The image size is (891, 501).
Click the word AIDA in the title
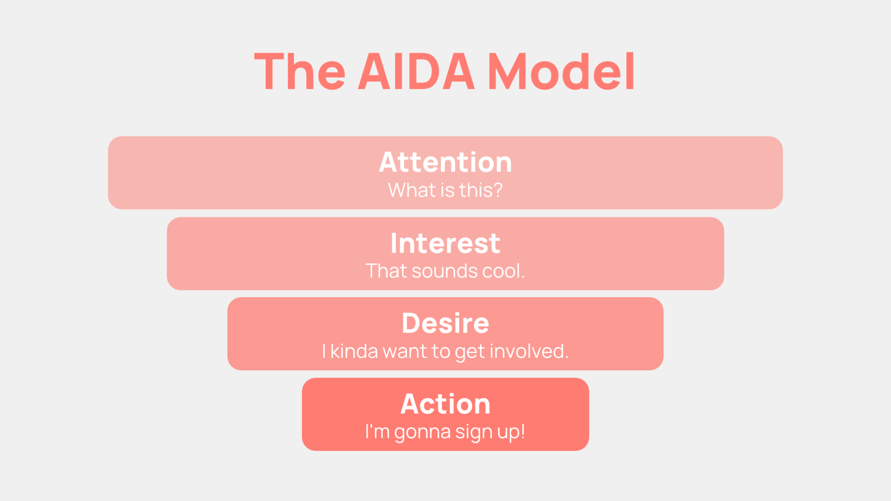pyautogui.click(x=416, y=71)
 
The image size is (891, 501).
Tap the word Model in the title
pyautogui.click(x=561, y=71)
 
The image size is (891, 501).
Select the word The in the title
pyautogui.click(x=300, y=71)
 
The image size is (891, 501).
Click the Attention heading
pyautogui.click(x=445, y=162)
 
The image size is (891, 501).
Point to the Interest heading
pyautogui.click(x=445, y=243)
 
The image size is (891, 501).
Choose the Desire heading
pyautogui.click(x=445, y=323)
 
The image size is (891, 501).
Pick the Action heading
pyautogui.click(x=445, y=404)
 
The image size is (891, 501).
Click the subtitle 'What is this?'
pyautogui.click(x=445, y=190)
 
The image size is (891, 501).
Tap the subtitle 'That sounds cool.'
pyautogui.click(x=445, y=271)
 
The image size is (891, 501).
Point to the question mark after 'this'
pyautogui.click(x=498, y=190)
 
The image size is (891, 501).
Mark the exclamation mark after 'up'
pyautogui.click(x=523, y=431)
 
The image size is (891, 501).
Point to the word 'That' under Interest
pyautogui.click(x=386, y=271)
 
